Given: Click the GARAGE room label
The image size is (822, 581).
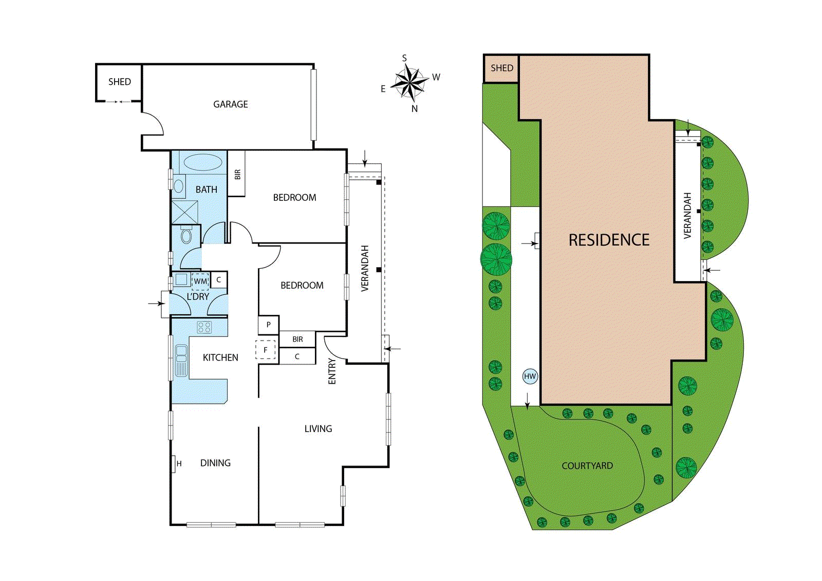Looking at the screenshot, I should click(x=230, y=104).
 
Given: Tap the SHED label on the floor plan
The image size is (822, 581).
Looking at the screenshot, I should click(x=119, y=82).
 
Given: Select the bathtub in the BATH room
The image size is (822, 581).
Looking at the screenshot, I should click(x=202, y=162).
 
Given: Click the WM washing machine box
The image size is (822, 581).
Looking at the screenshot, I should click(x=200, y=282).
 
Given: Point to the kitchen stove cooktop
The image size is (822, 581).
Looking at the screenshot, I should click(x=204, y=327).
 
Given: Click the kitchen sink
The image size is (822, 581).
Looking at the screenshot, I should click(x=181, y=360).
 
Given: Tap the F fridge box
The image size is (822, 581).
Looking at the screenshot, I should click(x=266, y=350).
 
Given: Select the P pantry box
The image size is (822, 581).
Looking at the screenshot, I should click(x=268, y=325).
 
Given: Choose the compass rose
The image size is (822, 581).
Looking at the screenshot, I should click(x=409, y=83).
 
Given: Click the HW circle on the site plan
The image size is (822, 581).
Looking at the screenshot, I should click(x=530, y=376).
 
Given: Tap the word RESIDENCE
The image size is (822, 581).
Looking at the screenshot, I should click(x=609, y=240).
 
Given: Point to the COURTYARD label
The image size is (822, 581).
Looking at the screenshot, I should click(x=587, y=466).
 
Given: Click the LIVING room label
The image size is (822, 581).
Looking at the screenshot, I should click(x=318, y=428).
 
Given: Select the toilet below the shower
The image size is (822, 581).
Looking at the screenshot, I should click(x=186, y=236).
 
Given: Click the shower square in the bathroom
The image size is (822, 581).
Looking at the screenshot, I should click(x=184, y=212).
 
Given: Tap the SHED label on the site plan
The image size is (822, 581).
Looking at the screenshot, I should click(x=501, y=68).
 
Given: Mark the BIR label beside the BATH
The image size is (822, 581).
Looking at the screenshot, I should click(x=237, y=175).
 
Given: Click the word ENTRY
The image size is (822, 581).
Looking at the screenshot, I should click(x=332, y=371).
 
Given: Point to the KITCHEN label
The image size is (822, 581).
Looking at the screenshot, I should click(x=220, y=358).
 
